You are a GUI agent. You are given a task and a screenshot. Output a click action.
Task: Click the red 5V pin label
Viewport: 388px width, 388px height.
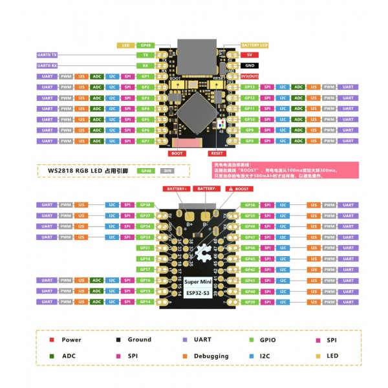pos(249,55)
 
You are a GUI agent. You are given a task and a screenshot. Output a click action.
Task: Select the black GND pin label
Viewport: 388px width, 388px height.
pos(249,65)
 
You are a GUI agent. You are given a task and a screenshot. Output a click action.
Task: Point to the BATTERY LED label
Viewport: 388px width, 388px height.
pos(254,45)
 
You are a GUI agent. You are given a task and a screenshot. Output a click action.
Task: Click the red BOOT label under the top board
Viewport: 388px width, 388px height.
pos(177,154)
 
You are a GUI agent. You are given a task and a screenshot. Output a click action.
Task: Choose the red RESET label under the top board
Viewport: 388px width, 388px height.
pos(216,154)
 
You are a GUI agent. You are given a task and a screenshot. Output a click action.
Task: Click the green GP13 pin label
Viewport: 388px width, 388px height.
pos(249,87)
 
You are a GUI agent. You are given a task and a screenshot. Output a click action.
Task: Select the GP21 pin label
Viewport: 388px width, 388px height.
pos(145,248)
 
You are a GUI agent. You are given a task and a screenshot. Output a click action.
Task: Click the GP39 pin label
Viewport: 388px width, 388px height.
pos(249,301)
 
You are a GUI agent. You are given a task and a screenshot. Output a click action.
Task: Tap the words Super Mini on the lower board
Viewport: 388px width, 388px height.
pos(197,282)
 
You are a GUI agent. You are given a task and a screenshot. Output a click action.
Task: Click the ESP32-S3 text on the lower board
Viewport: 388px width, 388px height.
pos(197,294)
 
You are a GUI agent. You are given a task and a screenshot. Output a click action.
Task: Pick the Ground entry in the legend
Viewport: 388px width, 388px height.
pos(140,339)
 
